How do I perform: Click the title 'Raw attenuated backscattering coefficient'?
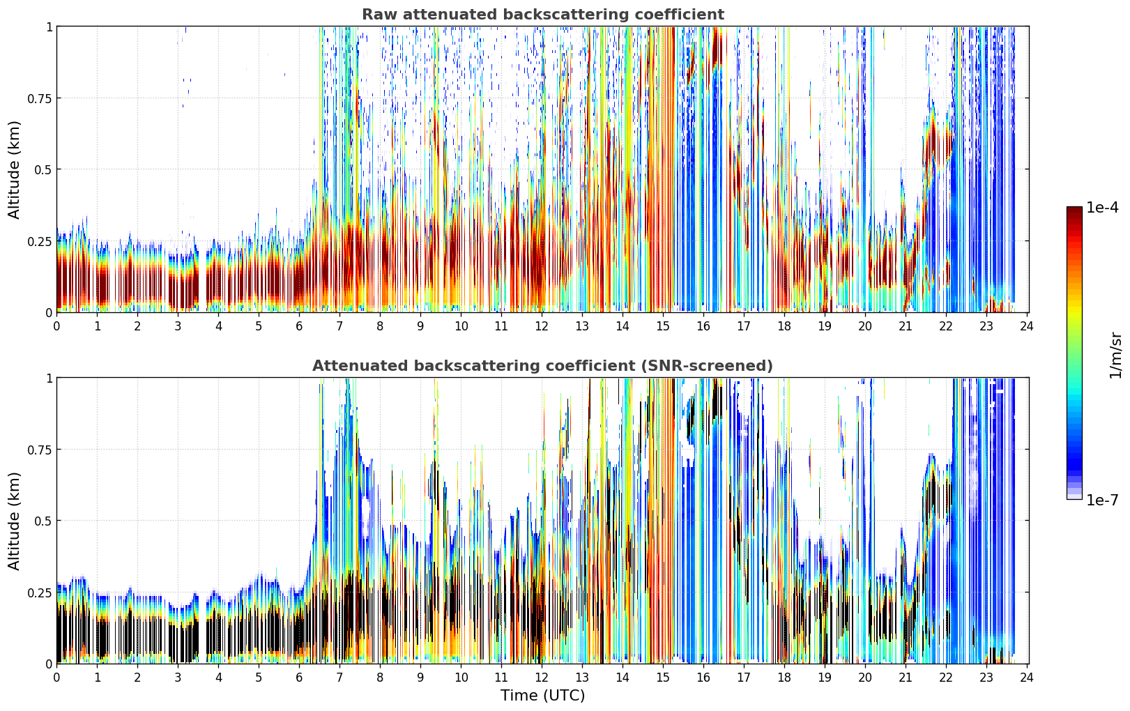click(x=543, y=15)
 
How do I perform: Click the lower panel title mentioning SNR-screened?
click(x=543, y=365)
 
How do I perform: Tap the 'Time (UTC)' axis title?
click(x=543, y=696)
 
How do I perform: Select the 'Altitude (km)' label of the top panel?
click(x=14, y=169)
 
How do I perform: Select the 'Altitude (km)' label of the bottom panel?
click(x=14, y=521)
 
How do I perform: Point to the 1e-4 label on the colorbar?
click(x=1102, y=207)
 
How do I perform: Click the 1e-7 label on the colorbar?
click(x=1102, y=500)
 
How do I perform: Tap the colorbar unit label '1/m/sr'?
click(x=1115, y=355)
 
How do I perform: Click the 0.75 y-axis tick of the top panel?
click(x=40, y=98)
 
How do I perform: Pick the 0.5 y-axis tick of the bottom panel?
click(x=43, y=521)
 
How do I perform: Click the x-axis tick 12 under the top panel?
click(x=542, y=326)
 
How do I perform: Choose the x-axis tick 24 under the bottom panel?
click(x=1027, y=678)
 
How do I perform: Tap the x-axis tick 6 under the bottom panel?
click(x=299, y=678)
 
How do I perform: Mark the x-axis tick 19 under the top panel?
click(x=824, y=326)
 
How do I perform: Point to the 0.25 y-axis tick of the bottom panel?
click(x=40, y=592)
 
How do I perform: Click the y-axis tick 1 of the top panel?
click(x=49, y=26)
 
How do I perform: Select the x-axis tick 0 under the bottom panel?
click(x=56, y=678)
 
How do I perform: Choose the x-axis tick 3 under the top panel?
click(x=178, y=326)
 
